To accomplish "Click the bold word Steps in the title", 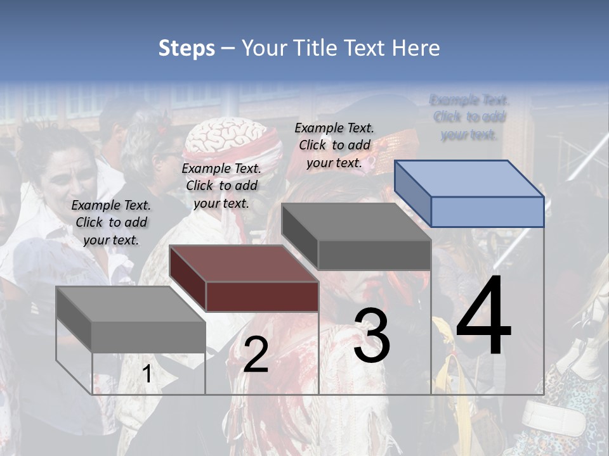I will [187, 48].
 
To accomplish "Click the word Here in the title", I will [416, 48].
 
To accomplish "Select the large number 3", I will [372, 336].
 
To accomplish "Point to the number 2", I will [256, 355].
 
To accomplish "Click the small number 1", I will [147, 374].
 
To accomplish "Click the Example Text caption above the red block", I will [221, 186].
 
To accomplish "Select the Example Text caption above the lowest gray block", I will [111, 222].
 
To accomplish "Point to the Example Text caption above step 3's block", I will [334, 145].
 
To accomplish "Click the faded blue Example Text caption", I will [469, 117].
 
